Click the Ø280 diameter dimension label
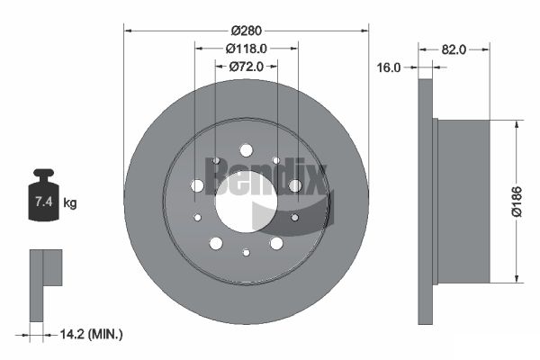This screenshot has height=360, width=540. click(x=246, y=31)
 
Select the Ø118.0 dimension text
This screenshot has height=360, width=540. click(x=246, y=49)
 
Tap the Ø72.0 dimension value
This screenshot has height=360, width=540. click(x=246, y=66)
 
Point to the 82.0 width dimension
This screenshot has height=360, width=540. click(x=454, y=49)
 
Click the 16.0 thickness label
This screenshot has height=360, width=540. click(x=389, y=67)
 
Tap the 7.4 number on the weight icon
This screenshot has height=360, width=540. click(x=43, y=202)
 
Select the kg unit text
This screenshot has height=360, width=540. click(x=70, y=203)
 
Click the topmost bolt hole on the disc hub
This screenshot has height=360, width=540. click(x=246, y=151)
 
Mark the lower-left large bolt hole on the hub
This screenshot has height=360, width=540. click(x=215, y=243)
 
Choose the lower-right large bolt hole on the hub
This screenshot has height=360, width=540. click(x=276, y=243)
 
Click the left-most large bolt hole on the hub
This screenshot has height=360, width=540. click(x=197, y=185)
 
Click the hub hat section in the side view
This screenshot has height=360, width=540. click(x=461, y=200)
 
